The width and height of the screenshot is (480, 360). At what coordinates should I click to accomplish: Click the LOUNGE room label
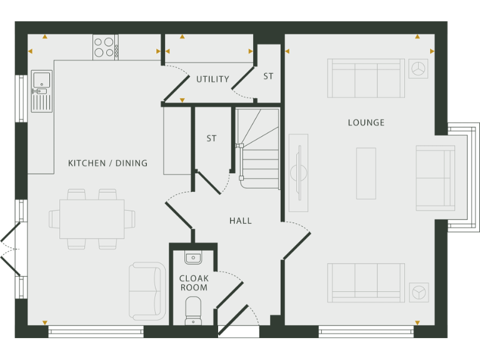tap(366, 122)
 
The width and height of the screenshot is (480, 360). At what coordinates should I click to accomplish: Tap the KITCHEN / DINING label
tap(107, 163)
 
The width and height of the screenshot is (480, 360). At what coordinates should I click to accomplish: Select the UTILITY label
tap(212, 79)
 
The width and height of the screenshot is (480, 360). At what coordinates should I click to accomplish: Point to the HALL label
tap(240, 221)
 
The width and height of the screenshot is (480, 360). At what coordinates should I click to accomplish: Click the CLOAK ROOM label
tap(194, 283)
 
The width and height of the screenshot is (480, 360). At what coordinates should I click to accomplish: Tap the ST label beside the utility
tap(268, 76)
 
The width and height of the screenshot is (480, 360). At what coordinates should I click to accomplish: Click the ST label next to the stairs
tap(211, 138)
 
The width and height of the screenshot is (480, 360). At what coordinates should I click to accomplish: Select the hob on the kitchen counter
tap(105, 47)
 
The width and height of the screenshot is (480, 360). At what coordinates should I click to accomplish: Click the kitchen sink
tap(42, 90)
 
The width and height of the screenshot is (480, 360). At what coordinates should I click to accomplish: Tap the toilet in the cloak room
tap(193, 311)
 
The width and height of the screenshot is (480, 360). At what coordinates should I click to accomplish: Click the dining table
tap(92, 219)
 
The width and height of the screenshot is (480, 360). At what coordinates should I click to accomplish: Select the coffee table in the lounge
tap(366, 173)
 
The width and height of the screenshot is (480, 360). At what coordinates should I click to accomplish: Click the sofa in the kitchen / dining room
tap(145, 291)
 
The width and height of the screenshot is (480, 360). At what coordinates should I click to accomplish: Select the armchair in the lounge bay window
tap(436, 179)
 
